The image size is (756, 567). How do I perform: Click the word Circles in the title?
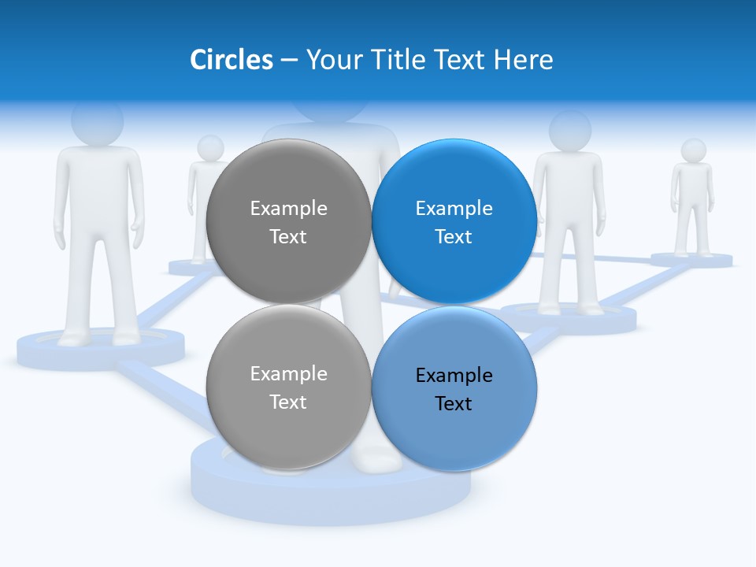click(232, 60)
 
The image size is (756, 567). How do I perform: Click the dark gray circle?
click(288, 221)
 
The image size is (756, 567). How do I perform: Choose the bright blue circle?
click(454, 221)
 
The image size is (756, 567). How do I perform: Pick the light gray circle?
click(288, 387)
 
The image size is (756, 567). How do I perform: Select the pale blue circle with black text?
click(454, 388)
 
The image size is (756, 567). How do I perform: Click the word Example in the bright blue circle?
click(454, 209)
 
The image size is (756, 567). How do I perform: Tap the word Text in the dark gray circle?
click(288, 237)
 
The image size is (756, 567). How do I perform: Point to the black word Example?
click(454, 376)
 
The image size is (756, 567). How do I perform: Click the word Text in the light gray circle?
click(288, 402)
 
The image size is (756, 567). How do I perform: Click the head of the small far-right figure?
click(693, 150)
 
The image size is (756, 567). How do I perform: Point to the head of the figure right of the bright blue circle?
click(569, 131)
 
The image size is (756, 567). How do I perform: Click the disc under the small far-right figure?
click(691, 260)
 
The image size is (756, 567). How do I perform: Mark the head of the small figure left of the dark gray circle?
click(210, 147)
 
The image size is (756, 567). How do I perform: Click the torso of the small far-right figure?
click(692, 185)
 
